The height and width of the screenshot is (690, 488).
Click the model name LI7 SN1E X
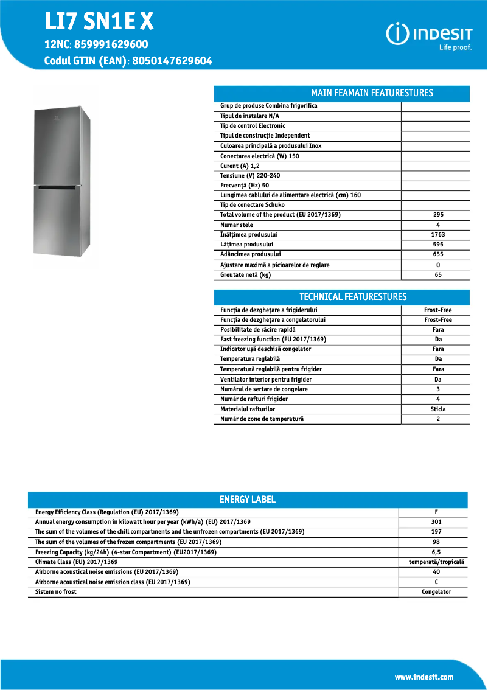tap(99, 22)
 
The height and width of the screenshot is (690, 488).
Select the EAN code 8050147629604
tap(172, 61)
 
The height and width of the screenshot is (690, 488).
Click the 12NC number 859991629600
tap(113, 45)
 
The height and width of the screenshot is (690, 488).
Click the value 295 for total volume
tap(438, 215)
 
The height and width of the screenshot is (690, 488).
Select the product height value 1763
tap(438, 235)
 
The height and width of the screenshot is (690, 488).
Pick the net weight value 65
tap(438, 275)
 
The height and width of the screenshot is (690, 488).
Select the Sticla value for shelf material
tap(438, 409)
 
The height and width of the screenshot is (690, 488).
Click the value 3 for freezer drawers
tap(438, 389)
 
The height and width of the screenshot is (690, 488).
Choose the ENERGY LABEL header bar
tap(247, 500)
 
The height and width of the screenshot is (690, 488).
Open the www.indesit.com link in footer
tap(424, 677)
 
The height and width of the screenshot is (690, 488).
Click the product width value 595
tap(438, 245)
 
